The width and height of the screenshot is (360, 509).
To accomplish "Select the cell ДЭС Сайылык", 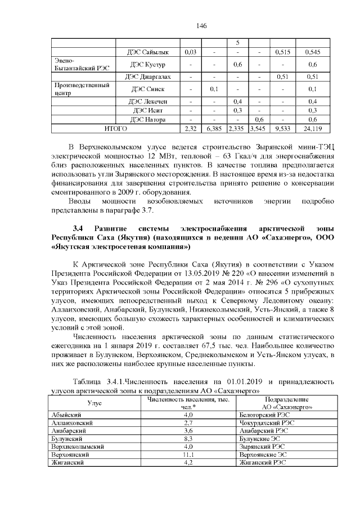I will click(150, 52).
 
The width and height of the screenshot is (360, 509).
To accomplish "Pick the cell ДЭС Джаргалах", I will click(150, 76).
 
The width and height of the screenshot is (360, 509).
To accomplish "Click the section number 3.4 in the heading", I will click(78, 229).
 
